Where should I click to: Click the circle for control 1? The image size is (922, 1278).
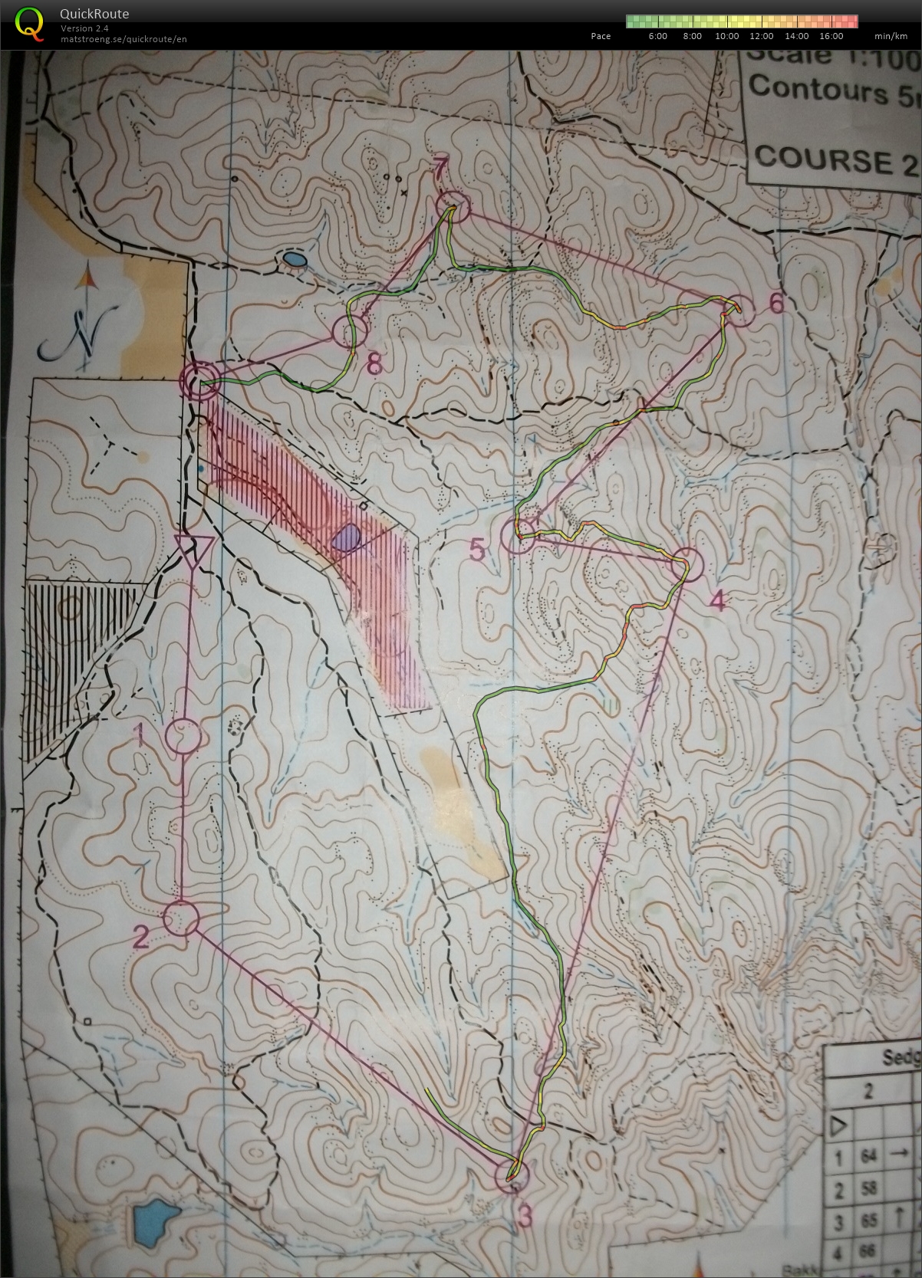click(183, 736)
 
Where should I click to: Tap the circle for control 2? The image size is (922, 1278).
click(182, 918)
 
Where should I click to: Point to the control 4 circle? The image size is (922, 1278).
click(687, 565)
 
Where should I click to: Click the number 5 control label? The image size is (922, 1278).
click(477, 550)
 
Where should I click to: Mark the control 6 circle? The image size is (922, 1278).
click(739, 310)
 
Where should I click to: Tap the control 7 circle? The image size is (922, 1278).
click(452, 208)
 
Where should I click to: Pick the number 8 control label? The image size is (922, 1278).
click(374, 363)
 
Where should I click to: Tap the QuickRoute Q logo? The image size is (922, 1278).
click(29, 22)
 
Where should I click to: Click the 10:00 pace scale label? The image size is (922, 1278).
click(726, 36)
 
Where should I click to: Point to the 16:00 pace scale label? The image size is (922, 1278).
click(831, 36)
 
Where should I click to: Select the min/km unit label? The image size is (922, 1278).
click(891, 36)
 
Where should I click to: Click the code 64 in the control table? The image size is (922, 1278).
click(868, 1155)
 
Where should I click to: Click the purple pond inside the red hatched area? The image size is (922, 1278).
click(347, 538)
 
